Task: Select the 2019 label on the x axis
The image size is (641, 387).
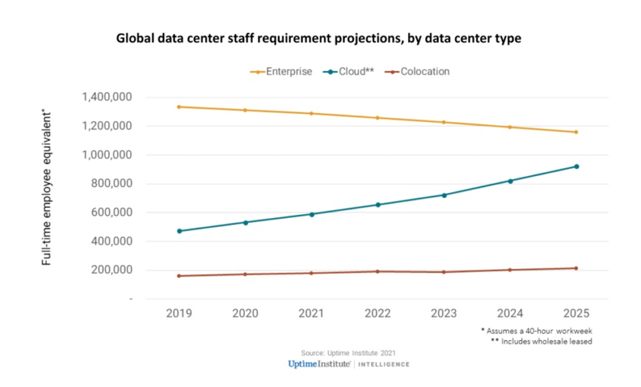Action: click(179, 314)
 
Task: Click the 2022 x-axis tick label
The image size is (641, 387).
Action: click(377, 314)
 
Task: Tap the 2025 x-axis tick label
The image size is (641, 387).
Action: click(576, 314)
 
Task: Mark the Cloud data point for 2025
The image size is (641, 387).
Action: click(577, 167)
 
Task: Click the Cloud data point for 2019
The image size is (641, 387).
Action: click(179, 231)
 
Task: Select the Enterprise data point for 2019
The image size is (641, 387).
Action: click(179, 107)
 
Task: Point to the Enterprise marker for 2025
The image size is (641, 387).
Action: click(576, 132)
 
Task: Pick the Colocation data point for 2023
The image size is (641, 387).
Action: click(444, 272)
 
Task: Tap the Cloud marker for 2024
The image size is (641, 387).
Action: click(510, 181)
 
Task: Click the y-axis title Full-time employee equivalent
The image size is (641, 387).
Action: click(47, 188)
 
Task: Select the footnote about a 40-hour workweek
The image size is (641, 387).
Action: click(536, 330)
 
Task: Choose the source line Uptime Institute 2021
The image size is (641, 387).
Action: click(348, 353)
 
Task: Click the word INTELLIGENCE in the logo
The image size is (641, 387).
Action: click(384, 364)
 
